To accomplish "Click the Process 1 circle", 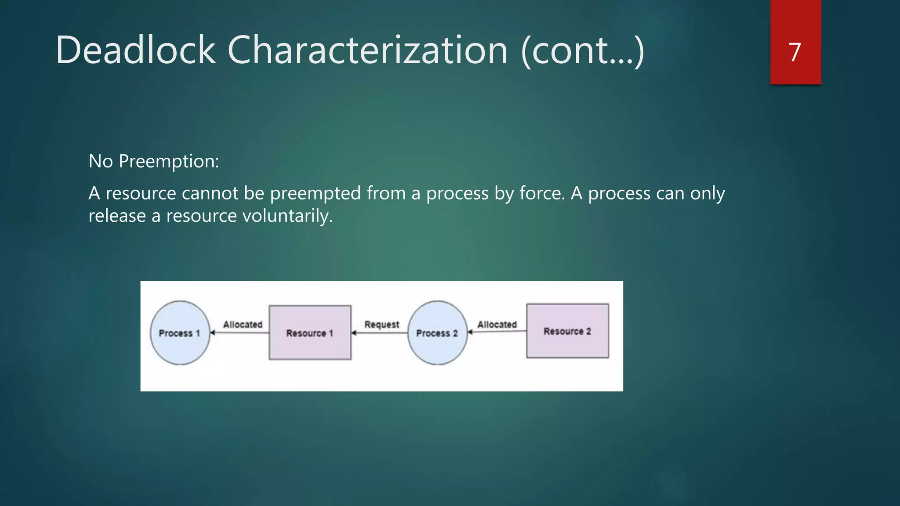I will (x=180, y=333).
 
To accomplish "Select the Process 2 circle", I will (x=437, y=333).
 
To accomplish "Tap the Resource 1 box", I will (x=310, y=333).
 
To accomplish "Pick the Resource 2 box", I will (x=567, y=331).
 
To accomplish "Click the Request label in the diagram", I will (x=381, y=325).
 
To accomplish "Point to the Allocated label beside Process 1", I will (x=243, y=325).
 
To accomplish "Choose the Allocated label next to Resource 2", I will (x=497, y=325).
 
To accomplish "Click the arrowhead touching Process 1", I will (x=212, y=333).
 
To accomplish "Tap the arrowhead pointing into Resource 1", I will (x=354, y=333).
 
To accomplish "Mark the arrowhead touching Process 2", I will (x=470, y=332).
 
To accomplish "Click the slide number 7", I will (x=795, y=52).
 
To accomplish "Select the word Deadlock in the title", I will (x=135, y=50).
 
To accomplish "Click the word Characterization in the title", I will (x=367, y=50).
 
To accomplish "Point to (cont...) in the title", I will (x=582, y=51).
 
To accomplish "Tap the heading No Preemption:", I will (x=153, y=161).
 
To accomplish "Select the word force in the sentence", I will (x=541, y=193).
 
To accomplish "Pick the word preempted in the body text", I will (x=315, y=194).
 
